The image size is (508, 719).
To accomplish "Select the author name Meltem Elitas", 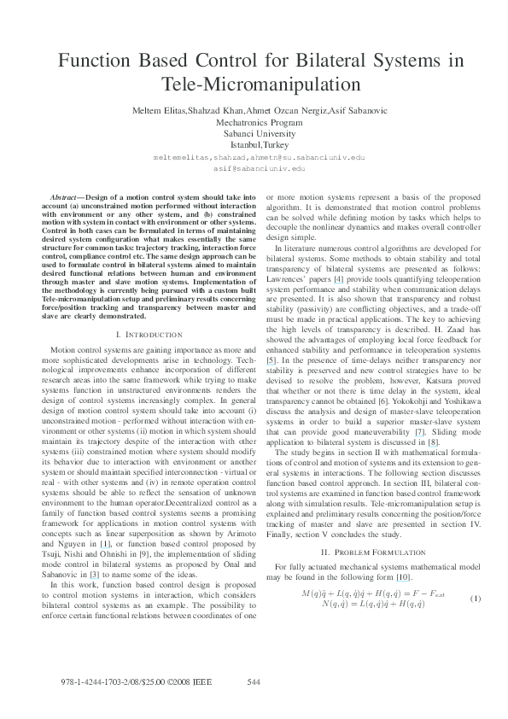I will [x=160, y=112].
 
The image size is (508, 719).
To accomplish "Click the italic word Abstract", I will [x=66, y=197].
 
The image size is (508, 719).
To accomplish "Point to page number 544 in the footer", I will [x=253, y=681].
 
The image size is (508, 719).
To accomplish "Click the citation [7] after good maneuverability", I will [x=419, y=430].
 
